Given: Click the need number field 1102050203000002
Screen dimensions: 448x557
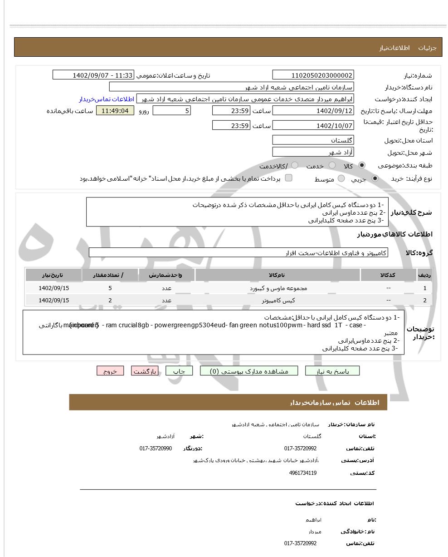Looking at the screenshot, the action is tap(313, 75).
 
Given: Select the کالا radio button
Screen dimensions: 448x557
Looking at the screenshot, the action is tap(362, 165).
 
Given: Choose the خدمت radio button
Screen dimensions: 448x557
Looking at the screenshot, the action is tap(332, 165).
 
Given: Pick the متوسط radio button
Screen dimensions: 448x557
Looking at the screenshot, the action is tap(341, 179).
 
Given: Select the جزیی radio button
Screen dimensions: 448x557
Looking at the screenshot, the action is tap(375, 179).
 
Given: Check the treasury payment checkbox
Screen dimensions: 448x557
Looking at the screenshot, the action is tap(288, 178).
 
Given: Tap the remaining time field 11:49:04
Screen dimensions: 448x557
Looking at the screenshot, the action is tap(115, 110).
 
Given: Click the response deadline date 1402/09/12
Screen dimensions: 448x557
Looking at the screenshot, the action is tap(313, 110).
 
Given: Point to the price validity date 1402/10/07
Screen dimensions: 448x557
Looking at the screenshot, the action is tap(313, 125).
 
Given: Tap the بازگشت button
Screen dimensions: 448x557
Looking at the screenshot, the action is tap(145, 371).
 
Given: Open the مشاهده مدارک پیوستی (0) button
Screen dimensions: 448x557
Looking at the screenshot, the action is tap(249, 371).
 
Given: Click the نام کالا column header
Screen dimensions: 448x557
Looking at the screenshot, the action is tap(277, 275).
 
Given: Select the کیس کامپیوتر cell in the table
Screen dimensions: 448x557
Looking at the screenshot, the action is tap(277, 300).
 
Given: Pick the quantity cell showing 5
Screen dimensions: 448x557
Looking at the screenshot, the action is tap(110, 288).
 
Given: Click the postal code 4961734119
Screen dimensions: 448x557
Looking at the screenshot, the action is tap(303, 473).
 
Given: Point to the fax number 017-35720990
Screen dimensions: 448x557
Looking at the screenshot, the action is tap(156, 449).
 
